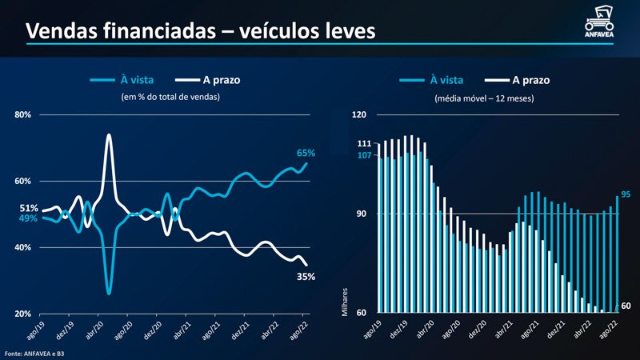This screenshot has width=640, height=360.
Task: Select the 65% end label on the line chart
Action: pos(306,152)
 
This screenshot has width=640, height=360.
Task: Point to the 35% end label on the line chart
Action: pos(306,277)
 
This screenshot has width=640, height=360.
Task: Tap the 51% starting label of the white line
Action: pos(29,208)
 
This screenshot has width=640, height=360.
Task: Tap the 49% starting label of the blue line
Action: pos(29,218)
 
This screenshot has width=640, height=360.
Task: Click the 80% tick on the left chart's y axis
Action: pos(23,115)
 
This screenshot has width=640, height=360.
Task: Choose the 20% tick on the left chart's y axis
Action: pos(23,314)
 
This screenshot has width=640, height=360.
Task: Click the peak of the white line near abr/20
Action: pos(109,135)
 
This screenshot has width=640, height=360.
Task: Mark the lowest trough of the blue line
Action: pos(109,293)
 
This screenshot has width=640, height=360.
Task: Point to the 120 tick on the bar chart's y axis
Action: pos(359,115)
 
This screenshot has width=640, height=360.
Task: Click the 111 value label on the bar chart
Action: pos(364,142)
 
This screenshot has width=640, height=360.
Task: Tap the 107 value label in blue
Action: pos(364,155)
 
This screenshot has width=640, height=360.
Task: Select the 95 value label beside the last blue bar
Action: pos(626,194)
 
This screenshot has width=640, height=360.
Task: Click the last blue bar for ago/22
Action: pos(617,254)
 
